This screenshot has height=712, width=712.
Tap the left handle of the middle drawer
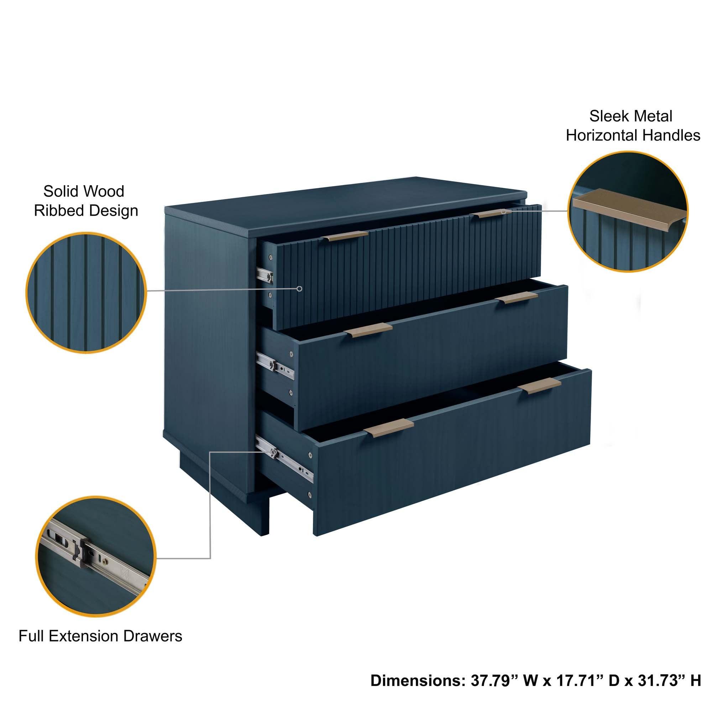(x=368, y=331)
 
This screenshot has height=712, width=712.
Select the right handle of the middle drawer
(x=516, y=298)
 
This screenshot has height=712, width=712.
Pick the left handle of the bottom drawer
(x=388, y=428)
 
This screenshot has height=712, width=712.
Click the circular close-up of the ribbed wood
(x=86, y=292)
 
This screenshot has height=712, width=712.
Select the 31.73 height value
(x=657, y=680)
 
